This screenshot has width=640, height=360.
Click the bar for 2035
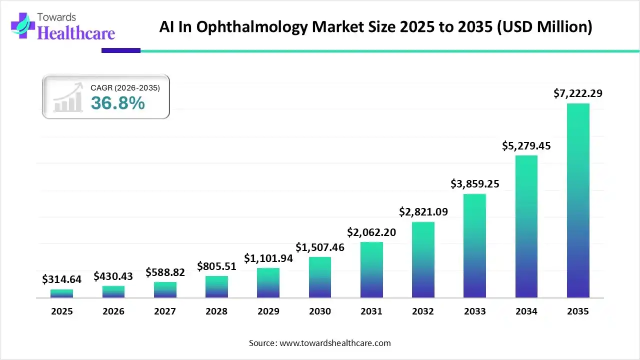[x=578, y=200]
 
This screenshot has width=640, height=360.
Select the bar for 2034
[x=526, y=226]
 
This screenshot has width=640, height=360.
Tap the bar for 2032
[x=423, y=259]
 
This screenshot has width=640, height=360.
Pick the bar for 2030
[x=320, y=277]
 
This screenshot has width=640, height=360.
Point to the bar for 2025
[x=61, y=293]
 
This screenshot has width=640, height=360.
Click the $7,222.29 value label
[x=578, y=93]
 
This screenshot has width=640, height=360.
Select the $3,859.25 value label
[x=474, y=184]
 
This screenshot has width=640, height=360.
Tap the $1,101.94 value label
[x=268, y=258]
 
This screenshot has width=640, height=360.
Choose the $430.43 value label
[x=113, y=276]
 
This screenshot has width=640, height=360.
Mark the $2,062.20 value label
[x=371, y=232]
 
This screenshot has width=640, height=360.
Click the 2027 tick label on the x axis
[x=165, y=311]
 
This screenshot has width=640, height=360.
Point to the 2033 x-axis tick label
[x=474, y=311]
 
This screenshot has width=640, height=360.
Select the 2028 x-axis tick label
[x=216, y=311]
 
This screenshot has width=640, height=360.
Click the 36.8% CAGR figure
[x=118, y=103]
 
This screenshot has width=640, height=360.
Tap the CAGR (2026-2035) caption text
[x=125, y=88]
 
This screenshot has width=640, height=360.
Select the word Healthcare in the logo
[x=76, y=33]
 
